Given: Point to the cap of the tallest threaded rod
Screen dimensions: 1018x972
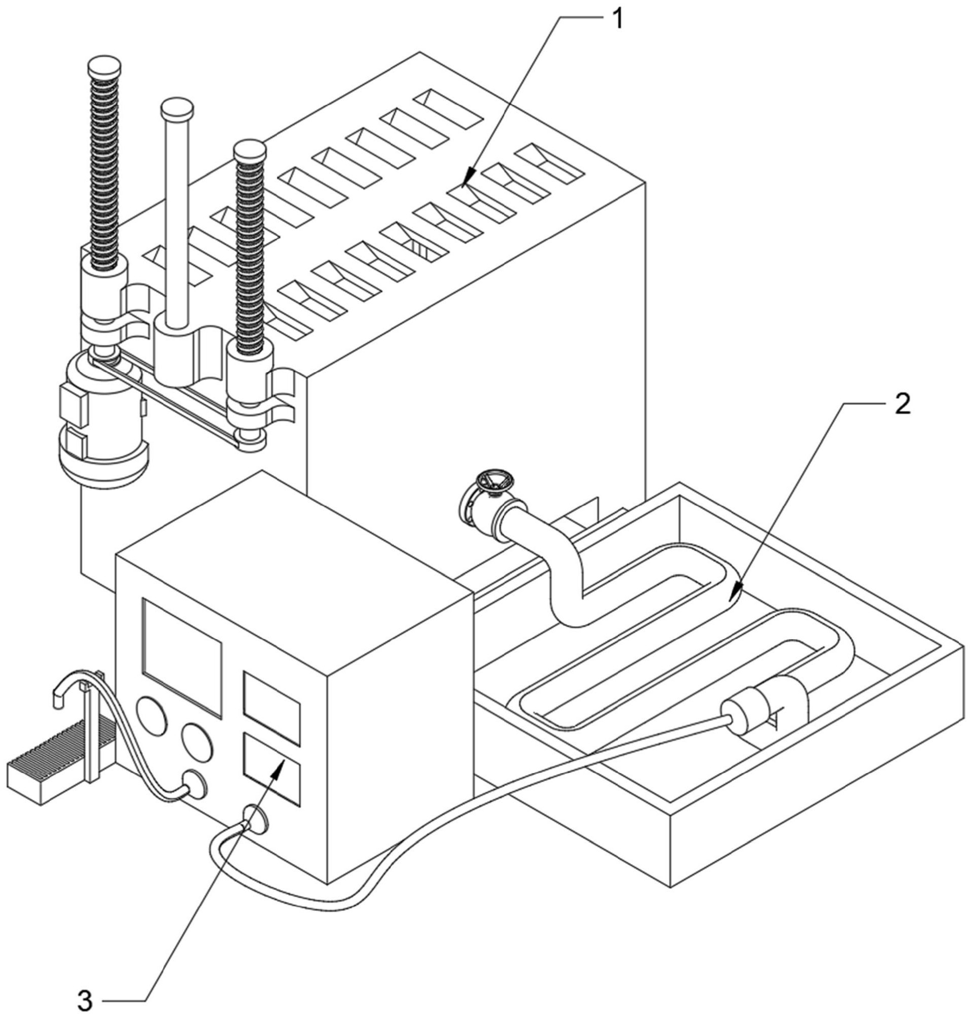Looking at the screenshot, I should pos(105,65).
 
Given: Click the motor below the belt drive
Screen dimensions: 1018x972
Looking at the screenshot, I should pos(103,425).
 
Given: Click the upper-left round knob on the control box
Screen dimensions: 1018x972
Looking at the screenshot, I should pos(152,716).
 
